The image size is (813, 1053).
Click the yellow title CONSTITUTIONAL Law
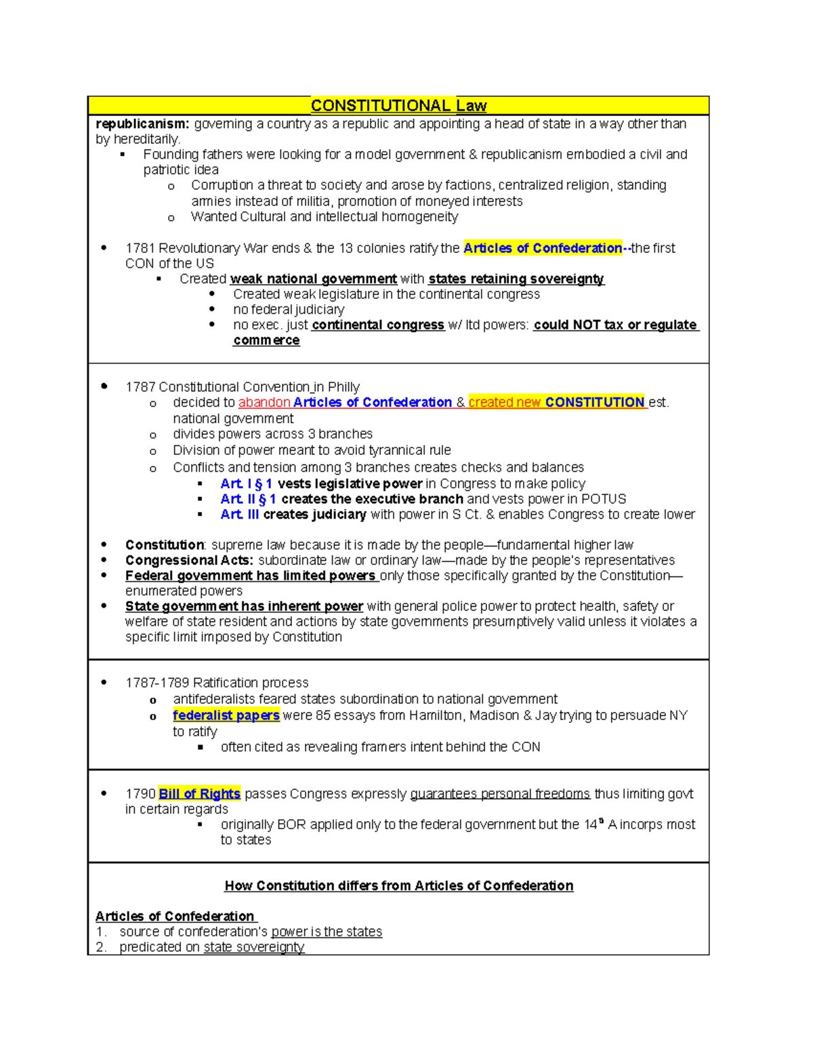[398, 106]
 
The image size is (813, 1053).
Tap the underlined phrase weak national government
[313, 279]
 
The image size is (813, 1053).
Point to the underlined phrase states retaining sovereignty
[516, 279]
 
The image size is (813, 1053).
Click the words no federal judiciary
[289, 310]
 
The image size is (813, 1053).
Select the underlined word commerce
[266, 340]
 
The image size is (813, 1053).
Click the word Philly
[343, 387]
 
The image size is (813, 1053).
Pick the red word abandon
[264, 403]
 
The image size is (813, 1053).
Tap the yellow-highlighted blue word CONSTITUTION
[594, 403]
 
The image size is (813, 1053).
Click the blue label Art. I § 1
[246, 484]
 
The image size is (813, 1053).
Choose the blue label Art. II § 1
[248, 499]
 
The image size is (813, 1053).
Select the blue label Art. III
[239, 515]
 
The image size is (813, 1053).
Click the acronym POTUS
[604, 499]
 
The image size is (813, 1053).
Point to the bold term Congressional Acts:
[189, 561]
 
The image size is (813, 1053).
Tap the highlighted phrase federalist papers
[226, 715]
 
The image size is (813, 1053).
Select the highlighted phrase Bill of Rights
[199, 794]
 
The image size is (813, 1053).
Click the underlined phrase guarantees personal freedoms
[500, 794]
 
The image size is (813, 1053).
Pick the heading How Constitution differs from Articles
[398, 886]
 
